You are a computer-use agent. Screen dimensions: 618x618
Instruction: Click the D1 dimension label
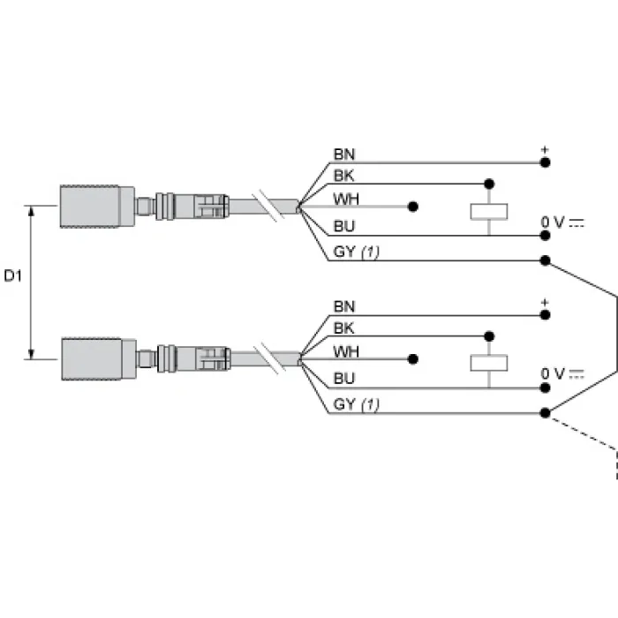tap(12, 275)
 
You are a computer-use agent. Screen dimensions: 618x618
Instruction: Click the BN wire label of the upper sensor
tap(344, 154)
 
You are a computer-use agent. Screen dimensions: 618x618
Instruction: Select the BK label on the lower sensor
tap(343, 328)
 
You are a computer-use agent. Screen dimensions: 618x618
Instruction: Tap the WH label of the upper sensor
tap(346, 199)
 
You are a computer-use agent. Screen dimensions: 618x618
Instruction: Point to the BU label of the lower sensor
tap(344, 379)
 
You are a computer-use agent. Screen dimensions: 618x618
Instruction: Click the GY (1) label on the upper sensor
tap(357, 252)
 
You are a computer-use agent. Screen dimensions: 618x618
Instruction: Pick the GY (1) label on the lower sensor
tap(357, 404)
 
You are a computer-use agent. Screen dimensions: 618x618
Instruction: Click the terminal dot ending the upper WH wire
tap(412, 207)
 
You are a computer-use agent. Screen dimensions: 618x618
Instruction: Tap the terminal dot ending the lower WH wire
tap(412, 359)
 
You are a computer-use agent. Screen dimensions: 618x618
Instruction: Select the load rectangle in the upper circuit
tap(489, 212)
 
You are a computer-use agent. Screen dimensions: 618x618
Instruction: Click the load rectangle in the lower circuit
tap(489, 363)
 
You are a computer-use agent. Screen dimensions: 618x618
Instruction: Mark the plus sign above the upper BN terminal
tap(545, 150)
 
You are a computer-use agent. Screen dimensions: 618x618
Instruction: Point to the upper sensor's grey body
tap(97, 207)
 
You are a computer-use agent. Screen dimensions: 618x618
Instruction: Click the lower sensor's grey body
tap(99, 359)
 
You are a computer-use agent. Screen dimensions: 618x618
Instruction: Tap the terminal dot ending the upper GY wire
tap(545, 260)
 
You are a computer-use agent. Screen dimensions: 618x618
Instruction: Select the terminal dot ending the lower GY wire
tap(545, 413)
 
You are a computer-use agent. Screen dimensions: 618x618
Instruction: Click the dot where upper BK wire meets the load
tap(489, 184)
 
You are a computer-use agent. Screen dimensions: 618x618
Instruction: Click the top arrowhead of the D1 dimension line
tap(31, 212)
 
